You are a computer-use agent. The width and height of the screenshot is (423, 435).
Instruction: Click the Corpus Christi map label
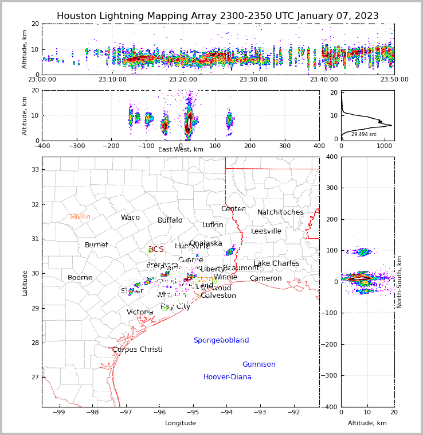coord(137,349)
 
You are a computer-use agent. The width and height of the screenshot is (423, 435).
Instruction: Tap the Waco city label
coord(130,218)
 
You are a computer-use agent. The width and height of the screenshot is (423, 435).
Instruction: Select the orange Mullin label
coord(80,217)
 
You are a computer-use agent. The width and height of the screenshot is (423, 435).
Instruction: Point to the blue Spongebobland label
coord(221,340)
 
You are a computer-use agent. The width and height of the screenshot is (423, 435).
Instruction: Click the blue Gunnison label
coord(258,364)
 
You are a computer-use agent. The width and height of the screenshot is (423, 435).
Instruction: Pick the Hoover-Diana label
coord(227,377)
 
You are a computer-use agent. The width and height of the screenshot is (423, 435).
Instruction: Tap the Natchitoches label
coord(280,212)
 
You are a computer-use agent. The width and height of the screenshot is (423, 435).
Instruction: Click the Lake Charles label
coord(276,263)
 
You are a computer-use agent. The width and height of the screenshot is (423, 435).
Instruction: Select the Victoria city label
coord(140,312)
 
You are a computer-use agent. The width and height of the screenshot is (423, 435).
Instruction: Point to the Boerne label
coord(80,278)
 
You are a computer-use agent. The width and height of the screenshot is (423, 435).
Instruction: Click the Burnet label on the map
coord(96,245)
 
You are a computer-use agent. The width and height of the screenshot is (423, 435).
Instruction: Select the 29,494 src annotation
coord(364,134)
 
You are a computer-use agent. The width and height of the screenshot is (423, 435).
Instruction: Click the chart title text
coord(217,16)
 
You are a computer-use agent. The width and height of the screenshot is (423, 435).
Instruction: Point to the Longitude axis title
coord(181,424)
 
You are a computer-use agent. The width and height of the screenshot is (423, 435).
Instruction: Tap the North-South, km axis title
coord(399,282)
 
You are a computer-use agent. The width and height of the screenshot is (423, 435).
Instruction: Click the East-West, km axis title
coord(181,149)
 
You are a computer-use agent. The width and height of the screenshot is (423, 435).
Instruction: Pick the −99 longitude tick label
coord(59,411)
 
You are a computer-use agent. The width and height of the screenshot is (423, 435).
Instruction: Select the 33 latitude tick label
coord(34,169)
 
